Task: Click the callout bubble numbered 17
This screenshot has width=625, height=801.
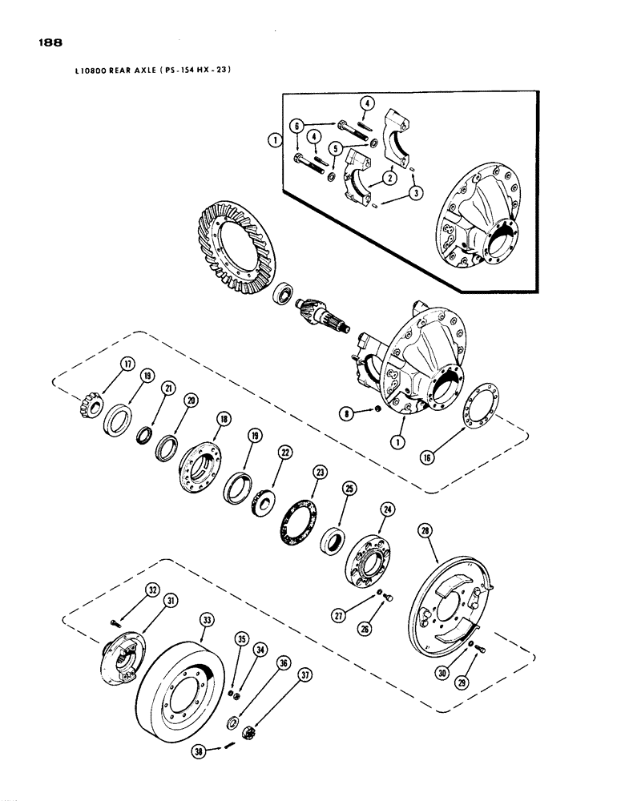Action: point(125,364)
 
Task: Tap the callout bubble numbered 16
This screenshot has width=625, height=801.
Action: point(461,457)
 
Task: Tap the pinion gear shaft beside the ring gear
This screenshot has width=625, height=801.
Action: point(321,316)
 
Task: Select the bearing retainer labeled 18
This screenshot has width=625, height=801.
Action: point(200,466)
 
